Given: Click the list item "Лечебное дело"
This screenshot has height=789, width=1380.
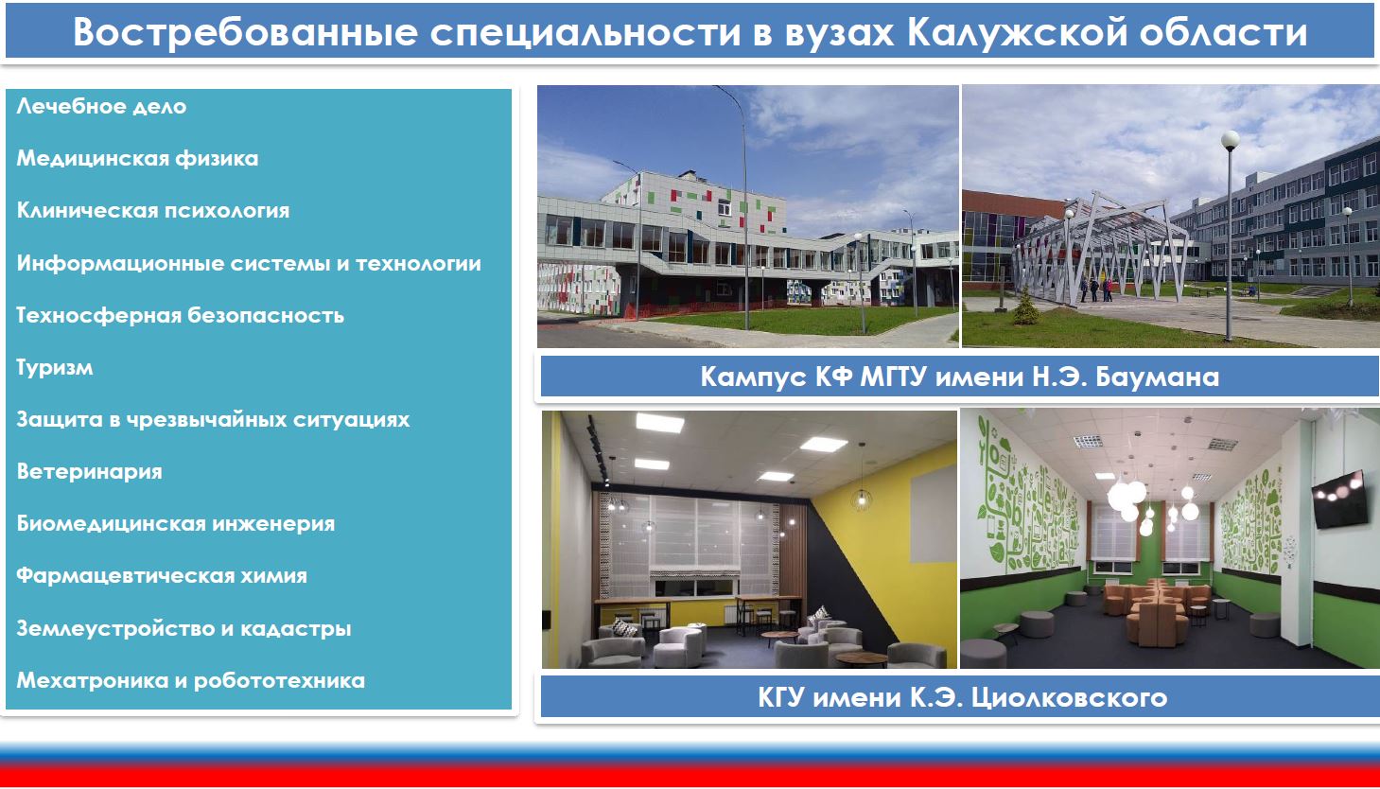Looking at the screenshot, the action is pos(101,106).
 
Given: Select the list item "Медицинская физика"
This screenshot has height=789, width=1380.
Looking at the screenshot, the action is pos(137,158).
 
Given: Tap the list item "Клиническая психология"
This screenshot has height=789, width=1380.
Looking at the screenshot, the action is pos(153,211).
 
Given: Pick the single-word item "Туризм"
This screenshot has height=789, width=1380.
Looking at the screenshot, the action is pos(55,367).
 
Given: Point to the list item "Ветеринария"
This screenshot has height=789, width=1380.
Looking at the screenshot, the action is pos(89,471).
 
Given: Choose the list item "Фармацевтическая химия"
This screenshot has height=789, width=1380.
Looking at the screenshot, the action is pos(162,576).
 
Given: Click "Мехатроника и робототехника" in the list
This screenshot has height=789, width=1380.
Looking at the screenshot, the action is pos(190,680).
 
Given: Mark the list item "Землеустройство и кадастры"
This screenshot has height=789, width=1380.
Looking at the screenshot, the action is pos(183,628).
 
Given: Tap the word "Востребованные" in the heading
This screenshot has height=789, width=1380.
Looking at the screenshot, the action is pos(246,31).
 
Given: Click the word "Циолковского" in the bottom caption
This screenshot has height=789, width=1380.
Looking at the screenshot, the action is pos(1069,698).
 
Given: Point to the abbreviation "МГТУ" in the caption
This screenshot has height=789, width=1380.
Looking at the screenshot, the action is pos(893,377).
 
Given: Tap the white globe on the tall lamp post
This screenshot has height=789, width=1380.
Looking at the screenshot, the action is pos(1231,141).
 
